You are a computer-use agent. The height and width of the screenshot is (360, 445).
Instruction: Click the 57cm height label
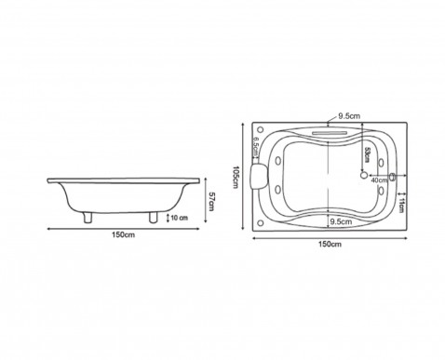click(x=211, y=201)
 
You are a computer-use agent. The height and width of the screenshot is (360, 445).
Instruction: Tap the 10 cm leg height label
click(x=180, y=218)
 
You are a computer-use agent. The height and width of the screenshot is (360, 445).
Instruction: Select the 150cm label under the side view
click(x=124, y=234)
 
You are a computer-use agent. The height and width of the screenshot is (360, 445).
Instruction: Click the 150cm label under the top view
click(x=330, y=244)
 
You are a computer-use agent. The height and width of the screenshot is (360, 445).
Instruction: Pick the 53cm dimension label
click(x=368, y=154)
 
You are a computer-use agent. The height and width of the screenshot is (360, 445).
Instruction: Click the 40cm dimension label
click(x=379, y=180)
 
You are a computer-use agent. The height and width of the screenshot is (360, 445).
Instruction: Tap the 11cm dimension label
click(x=401, y=205)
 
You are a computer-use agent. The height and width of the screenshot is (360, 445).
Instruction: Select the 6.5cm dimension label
click(x=256, y=147)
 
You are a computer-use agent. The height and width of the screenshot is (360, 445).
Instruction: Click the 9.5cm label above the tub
click(x=349, y=116)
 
